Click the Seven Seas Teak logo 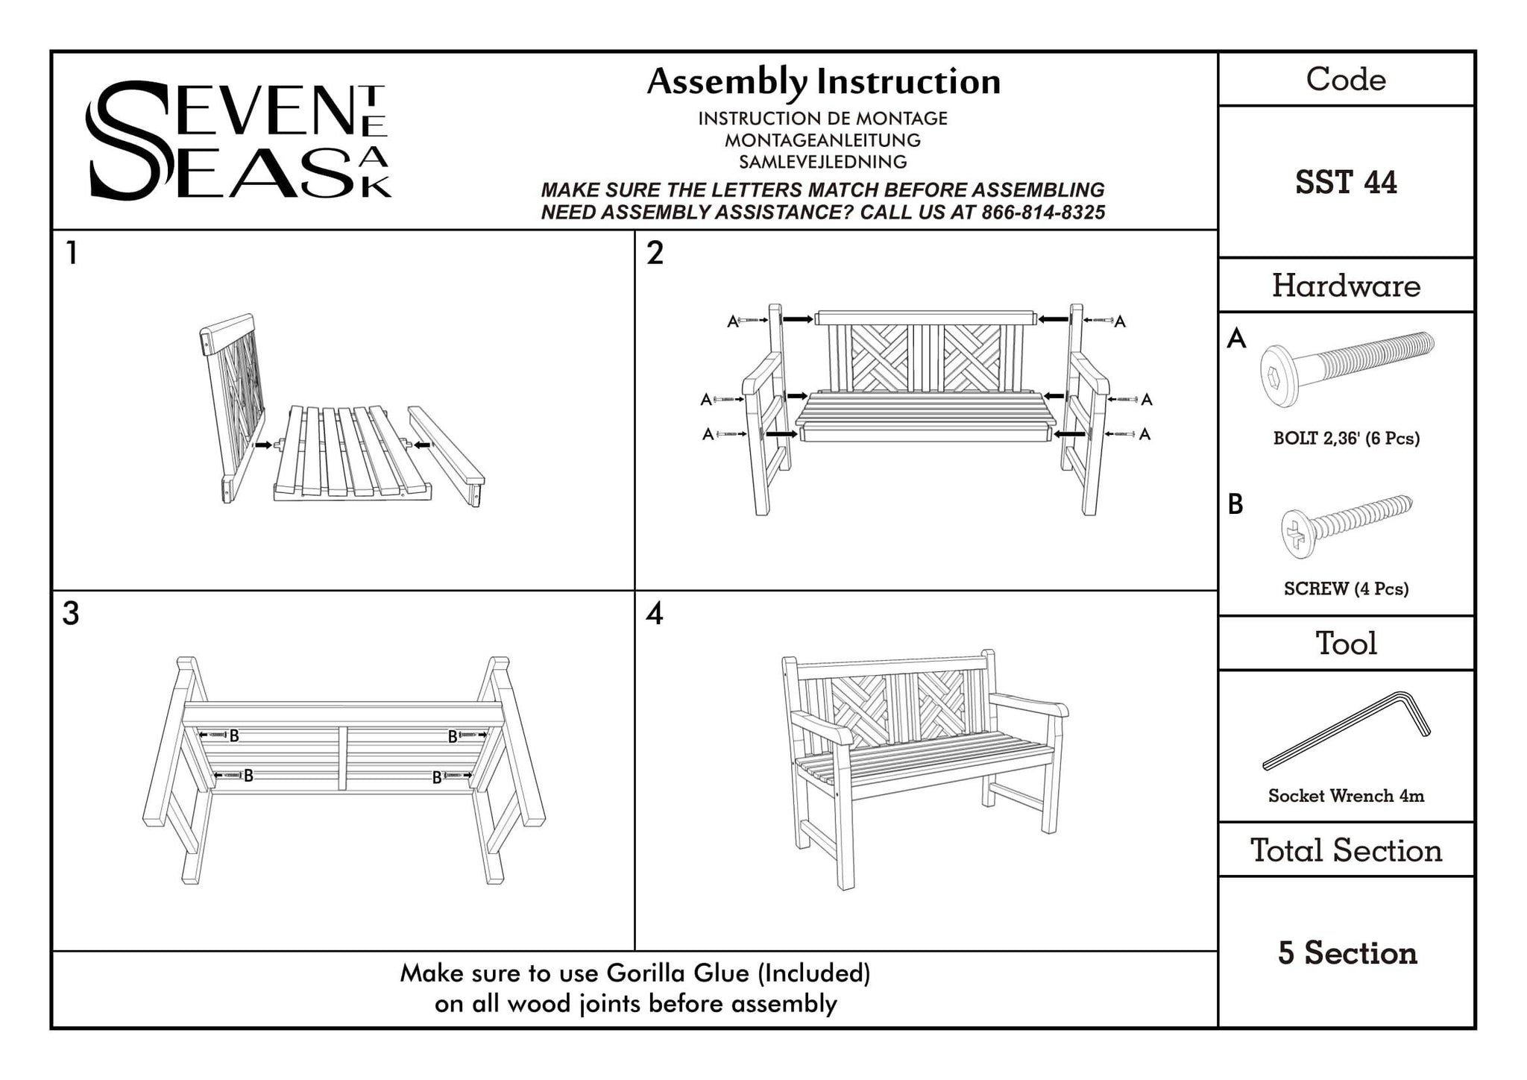[237, 140]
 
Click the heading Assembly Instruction [823, 82]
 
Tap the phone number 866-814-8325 [1043, 213]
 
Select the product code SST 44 [1346, 183]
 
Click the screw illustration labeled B [1346, 527]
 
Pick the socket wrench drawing [1347, 730]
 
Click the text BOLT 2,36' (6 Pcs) [1346, 439]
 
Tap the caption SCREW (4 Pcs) [1346, 589]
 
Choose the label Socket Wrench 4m [1346, 796]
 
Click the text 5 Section [1347, 953]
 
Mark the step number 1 [72, 254]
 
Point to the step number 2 [655, 254]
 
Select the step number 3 [71, 614]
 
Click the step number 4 [655, 614]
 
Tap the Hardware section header [1346, 286]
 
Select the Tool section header [1346, 643]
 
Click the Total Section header [1346, 850]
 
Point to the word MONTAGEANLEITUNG [822, 140]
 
